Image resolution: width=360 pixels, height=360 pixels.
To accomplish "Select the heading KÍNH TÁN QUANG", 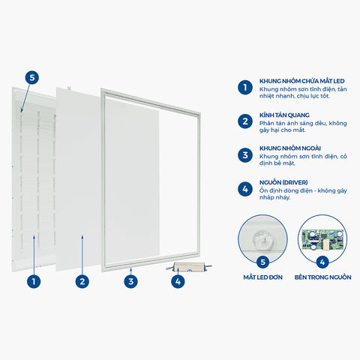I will click(x=283, y=114).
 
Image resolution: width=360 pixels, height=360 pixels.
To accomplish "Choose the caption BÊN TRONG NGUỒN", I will click(x=322, y=277).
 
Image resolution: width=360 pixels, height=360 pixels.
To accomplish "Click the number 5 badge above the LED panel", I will click(x=31, y=77).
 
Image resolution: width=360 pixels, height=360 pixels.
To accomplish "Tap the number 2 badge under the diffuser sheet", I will click(x=81, y=282).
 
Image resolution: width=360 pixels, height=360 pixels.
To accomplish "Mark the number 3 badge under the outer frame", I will click(x=131, y=282).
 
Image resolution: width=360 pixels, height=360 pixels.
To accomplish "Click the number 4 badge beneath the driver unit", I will click(x=177, y=282).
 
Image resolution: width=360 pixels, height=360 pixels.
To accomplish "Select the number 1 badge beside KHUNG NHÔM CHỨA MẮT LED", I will click(x=244, y=87).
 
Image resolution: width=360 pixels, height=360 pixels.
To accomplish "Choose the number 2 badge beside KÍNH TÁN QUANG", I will click(x=244, y=121).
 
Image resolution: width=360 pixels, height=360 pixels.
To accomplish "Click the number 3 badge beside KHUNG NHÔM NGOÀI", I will click(x=244, y=155).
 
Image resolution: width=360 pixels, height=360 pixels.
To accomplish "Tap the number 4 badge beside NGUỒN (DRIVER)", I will click(x=244, y=190).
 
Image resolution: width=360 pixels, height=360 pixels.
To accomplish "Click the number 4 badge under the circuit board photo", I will click(x=322, y=262).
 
